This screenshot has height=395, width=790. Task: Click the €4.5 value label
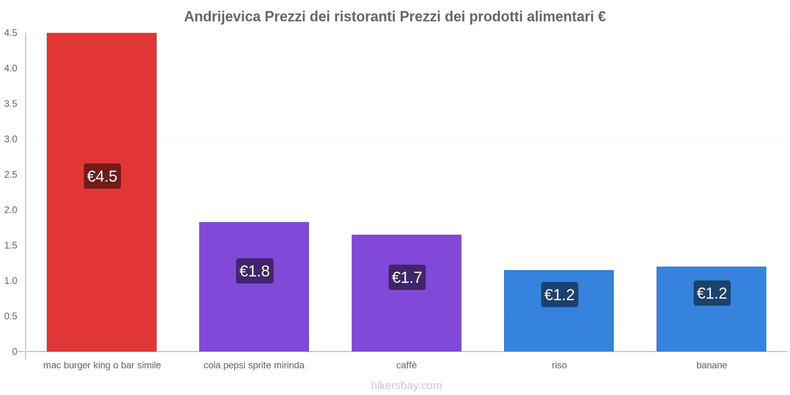tap(102, 176)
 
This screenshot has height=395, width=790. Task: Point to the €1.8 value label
tap(254, 271)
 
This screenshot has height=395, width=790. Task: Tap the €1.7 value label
tap(407, 277)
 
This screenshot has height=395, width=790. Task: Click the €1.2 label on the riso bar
tap(559, 295)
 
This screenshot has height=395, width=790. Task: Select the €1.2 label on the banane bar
tap(711, 293)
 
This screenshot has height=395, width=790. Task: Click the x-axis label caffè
tap(406, 365)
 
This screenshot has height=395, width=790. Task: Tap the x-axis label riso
tap(559, 365)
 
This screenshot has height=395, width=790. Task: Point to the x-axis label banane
tap(711, 365)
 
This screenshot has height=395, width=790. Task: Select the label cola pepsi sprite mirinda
tap(254, 365)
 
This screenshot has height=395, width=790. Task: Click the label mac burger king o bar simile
tap(102, 365)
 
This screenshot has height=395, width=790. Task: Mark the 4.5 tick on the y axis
tap(11, 33)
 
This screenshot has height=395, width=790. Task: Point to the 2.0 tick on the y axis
tap(11, 210)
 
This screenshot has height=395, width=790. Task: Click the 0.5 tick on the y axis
tap(11, 316)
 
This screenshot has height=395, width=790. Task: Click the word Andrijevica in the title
tap(222, 17)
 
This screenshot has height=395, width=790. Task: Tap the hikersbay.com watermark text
tap(406, 386)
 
